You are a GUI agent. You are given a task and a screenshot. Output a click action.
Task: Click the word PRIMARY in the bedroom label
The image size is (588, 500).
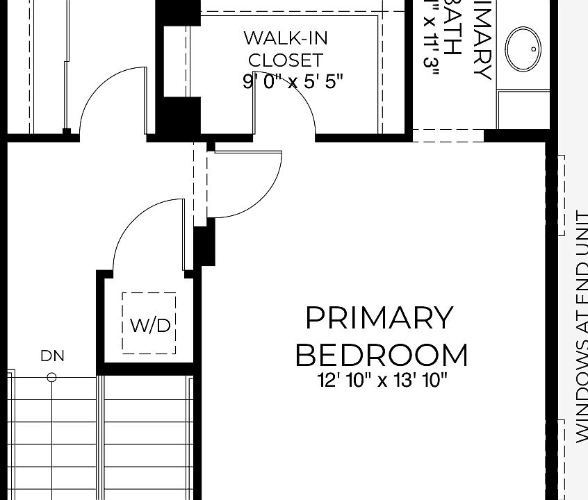coord(379,318)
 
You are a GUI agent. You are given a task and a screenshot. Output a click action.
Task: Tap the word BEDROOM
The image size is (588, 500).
coord(382,355)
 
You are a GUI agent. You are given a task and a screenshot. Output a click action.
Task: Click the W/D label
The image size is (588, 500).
coord(149,325)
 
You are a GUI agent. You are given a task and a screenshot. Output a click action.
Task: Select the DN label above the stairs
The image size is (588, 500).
coord(52,356)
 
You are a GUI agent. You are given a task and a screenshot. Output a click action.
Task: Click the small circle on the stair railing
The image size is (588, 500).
coord(51,378)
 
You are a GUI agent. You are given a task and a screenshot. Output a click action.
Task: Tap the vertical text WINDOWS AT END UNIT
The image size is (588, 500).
coord(581,326)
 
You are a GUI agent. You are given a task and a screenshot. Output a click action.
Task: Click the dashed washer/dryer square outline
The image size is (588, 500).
coord(149,323)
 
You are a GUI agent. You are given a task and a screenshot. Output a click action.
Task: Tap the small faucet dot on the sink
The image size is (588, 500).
coord(534,49)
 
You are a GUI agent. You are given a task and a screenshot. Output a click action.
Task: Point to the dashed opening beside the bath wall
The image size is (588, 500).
coord(448,135)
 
